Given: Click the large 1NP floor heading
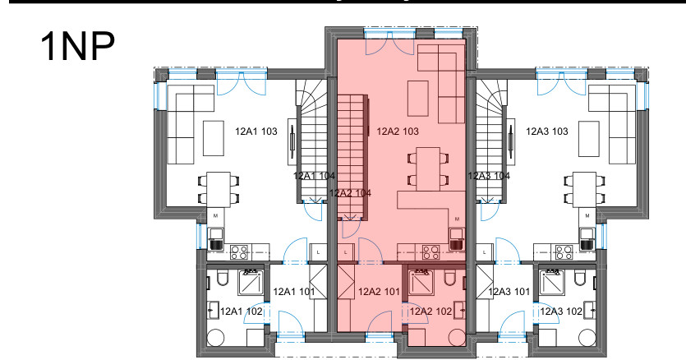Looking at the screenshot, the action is [77, 46].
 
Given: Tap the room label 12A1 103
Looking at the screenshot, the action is [256, 131].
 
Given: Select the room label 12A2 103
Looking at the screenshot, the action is [398, 131].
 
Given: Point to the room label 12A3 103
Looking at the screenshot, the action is [547, 131].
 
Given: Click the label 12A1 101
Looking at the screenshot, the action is [294, 291].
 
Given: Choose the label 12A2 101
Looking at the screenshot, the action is [379, 291].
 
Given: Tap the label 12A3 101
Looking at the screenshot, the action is [509, 291].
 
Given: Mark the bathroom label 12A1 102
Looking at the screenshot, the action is [241, 311].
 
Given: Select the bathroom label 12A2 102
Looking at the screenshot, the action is [430, 311].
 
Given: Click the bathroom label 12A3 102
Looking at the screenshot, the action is [561, 311].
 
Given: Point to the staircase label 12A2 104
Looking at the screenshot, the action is [350, 192].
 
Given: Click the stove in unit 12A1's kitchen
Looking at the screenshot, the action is [239, 252].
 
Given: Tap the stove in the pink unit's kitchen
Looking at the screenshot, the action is [431, 252].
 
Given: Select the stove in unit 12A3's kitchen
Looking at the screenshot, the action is [564, 252].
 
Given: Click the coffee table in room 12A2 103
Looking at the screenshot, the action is [418, 98].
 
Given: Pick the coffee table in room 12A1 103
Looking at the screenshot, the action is [214, 138].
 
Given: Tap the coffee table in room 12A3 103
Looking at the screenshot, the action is [589, 138].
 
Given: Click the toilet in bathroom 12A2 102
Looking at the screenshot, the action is [449, 278].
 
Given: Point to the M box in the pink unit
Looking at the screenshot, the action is [457, 219].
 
